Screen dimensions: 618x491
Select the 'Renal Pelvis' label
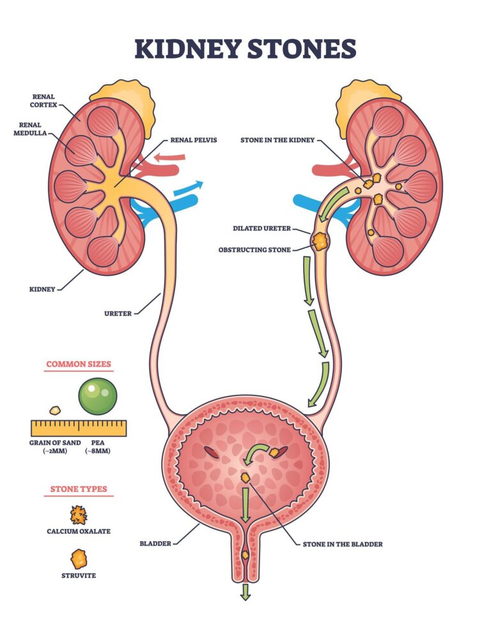click(193, 139)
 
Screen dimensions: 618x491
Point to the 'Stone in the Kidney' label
click(277, 139)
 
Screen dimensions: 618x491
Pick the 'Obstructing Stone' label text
click(260, 249)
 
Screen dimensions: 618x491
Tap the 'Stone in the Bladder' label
click(343, 544)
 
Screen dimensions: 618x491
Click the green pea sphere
click(97, 396)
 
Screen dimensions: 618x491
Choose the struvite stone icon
click(79, 558)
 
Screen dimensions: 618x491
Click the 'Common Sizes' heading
click(78, 364)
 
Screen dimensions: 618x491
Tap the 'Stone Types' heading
click(79, 489)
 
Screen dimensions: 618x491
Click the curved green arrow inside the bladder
click(256, 454)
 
